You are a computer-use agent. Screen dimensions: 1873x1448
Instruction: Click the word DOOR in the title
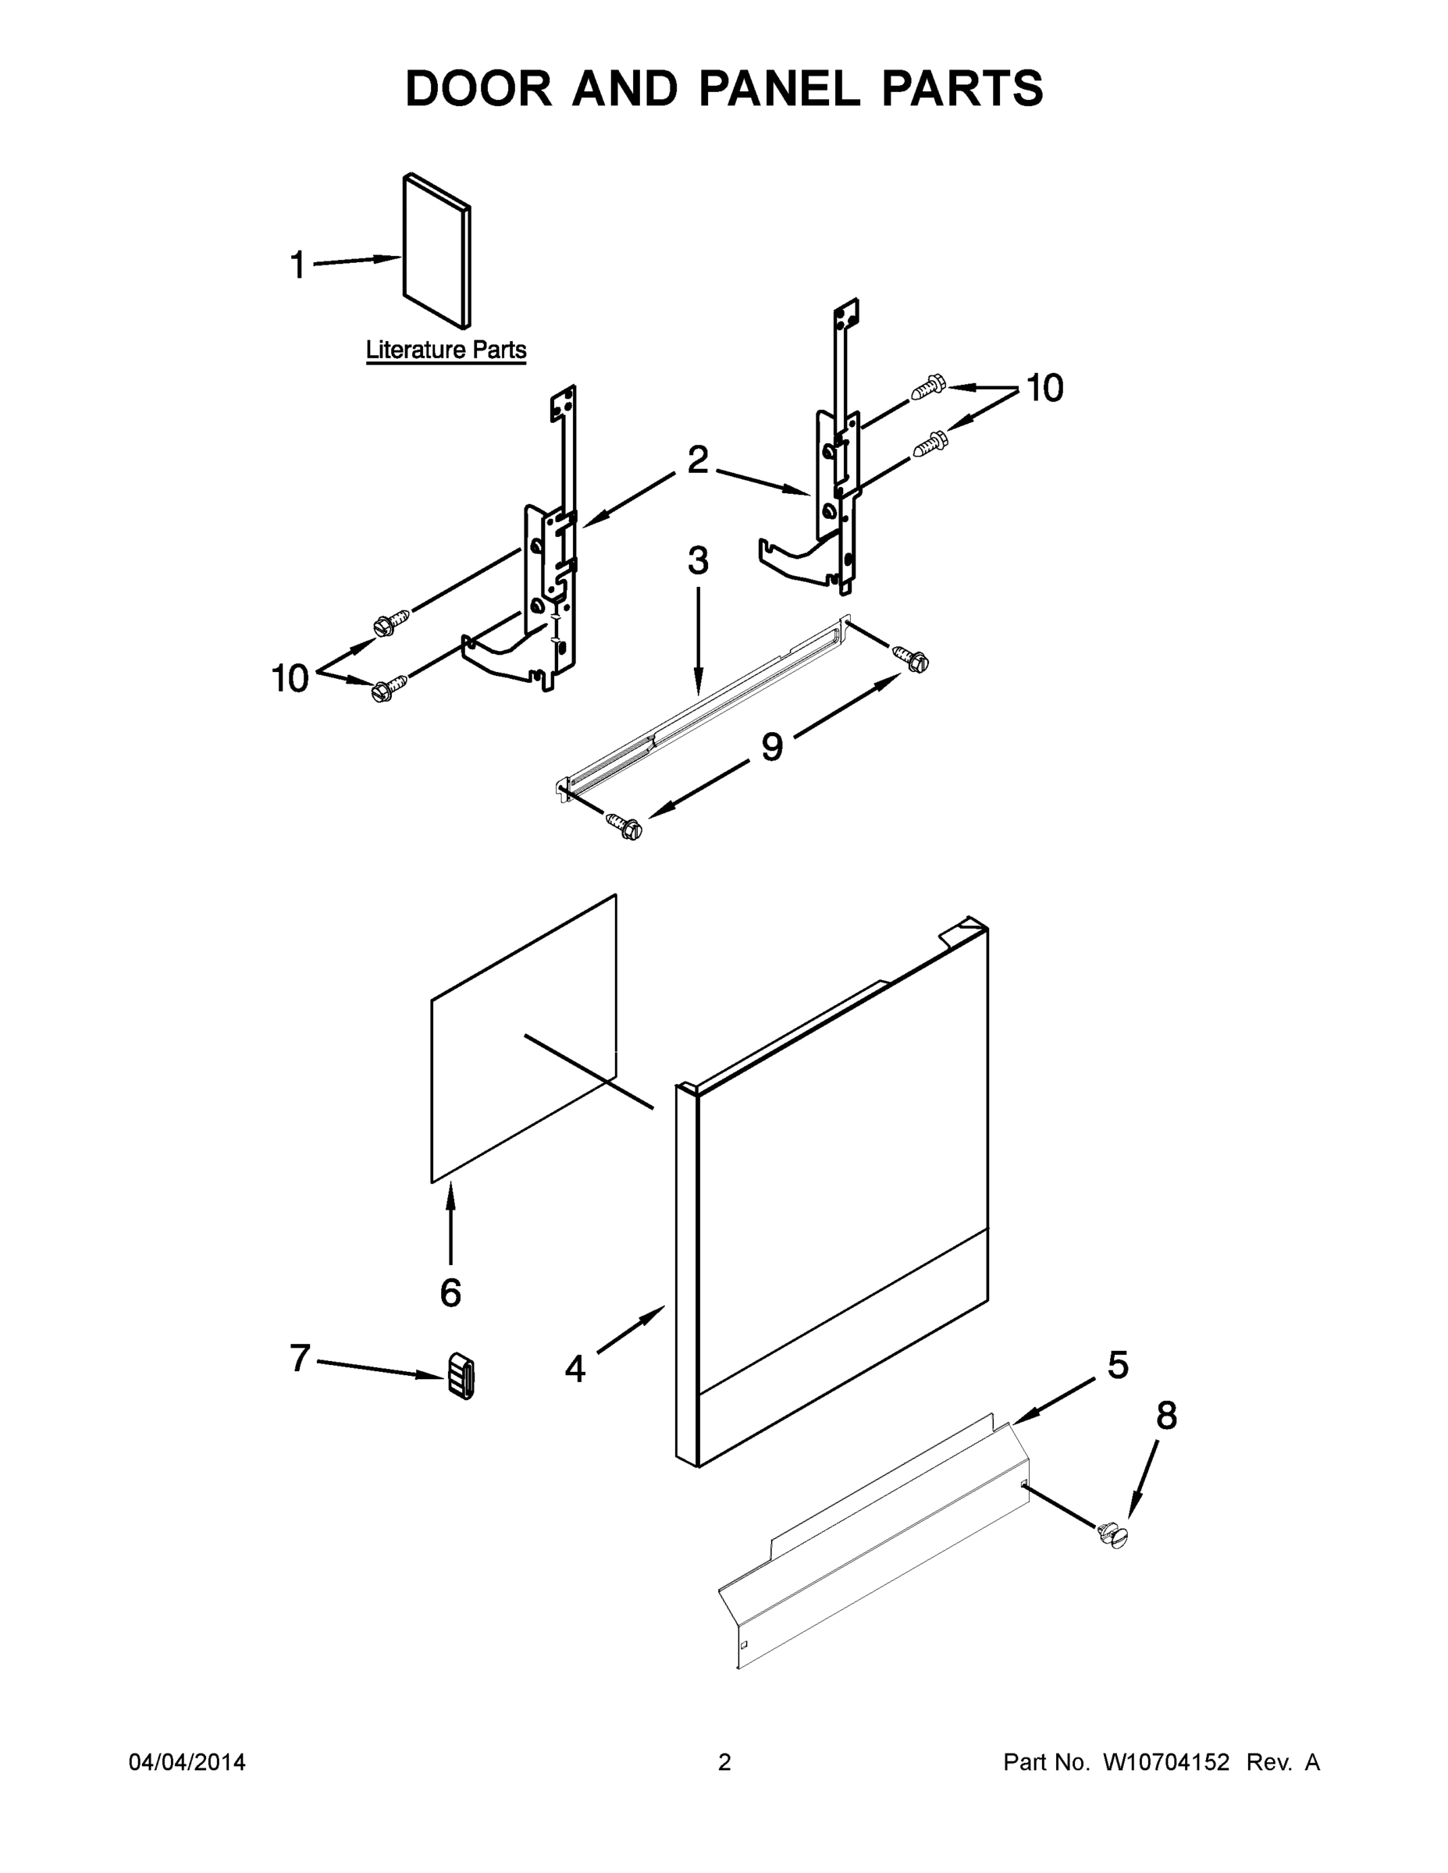(x=479, y=88)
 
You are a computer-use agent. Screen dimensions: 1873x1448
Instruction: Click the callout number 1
(x=297, y=265)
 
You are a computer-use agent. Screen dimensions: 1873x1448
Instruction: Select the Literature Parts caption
(x=445, y=350)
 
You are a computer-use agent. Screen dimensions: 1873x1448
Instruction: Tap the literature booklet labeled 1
(x=436, y=251)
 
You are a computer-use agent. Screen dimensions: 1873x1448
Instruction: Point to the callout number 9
(x=772, y=747)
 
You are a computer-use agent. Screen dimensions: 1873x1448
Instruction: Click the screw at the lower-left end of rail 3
(x=624, y=826)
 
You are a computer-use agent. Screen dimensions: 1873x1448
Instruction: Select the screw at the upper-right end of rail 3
(x=912, y=659)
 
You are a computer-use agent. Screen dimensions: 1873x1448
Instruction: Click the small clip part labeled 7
(x=461, y=1377)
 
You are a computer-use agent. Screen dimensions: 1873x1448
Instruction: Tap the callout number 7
(x=300, y=1358)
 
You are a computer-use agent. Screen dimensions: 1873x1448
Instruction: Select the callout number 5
(x=1118, y=1364)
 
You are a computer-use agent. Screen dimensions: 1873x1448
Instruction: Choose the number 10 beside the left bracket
(x=290, y=678)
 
